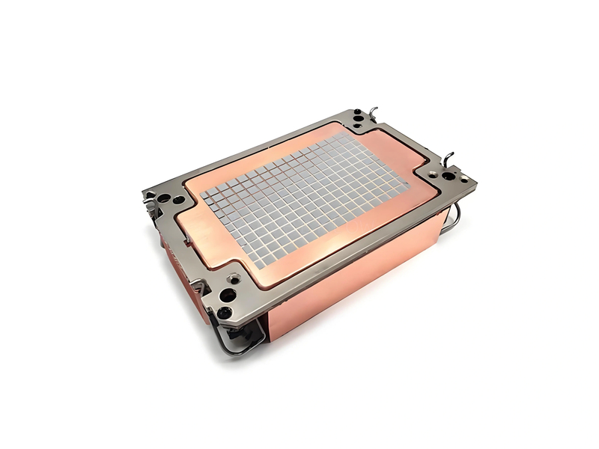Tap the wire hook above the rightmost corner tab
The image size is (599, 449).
(450, 158)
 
